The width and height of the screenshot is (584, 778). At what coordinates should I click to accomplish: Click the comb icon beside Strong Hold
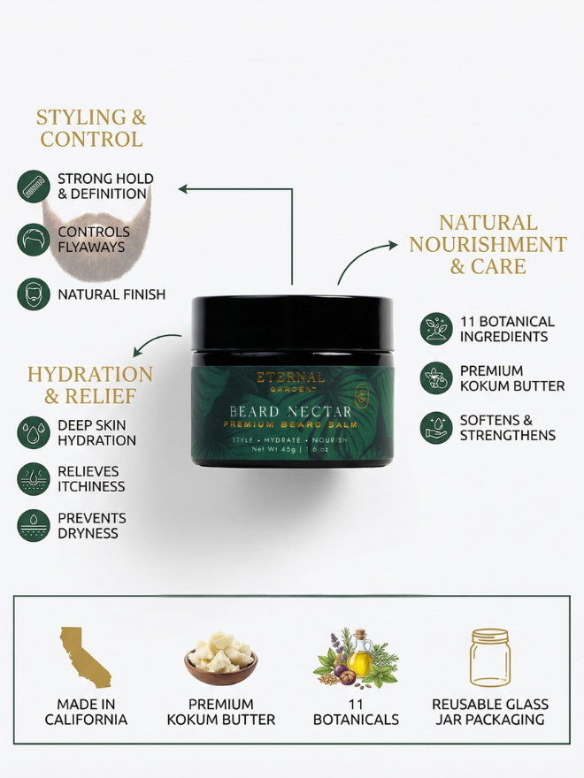coord(34,186)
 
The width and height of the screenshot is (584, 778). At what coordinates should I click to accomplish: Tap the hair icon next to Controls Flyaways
coord(34,240)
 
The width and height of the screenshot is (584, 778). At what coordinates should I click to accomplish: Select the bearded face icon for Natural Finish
coord(34,294)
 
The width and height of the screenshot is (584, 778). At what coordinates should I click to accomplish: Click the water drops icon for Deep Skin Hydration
coord(34,432)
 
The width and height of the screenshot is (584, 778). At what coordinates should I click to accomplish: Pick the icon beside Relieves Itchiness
coord(34,479)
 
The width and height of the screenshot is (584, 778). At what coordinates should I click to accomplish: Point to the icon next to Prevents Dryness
coord(34,525)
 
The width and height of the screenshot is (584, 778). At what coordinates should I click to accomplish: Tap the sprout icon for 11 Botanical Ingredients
coord(436,329)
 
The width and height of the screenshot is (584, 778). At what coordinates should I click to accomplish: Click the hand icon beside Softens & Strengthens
coord(436,428)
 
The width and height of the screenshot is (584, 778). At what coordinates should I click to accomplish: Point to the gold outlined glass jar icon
coord(490,658)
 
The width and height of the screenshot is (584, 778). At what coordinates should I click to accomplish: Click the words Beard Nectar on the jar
coord(290,411)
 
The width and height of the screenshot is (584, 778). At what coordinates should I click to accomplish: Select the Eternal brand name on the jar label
coord(290,378)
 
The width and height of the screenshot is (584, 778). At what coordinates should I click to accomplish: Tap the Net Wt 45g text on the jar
coord(274,449)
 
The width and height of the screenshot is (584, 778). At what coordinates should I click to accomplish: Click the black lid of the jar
coord(292,324)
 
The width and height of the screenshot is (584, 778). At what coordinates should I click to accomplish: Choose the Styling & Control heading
coord(91,128)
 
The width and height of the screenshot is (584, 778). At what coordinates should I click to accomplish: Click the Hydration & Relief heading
coord(90,385)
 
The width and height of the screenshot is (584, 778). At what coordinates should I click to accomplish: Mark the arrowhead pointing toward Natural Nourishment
coord(393,245)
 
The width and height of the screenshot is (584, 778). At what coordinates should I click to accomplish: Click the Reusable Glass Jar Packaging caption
coord(490,712)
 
